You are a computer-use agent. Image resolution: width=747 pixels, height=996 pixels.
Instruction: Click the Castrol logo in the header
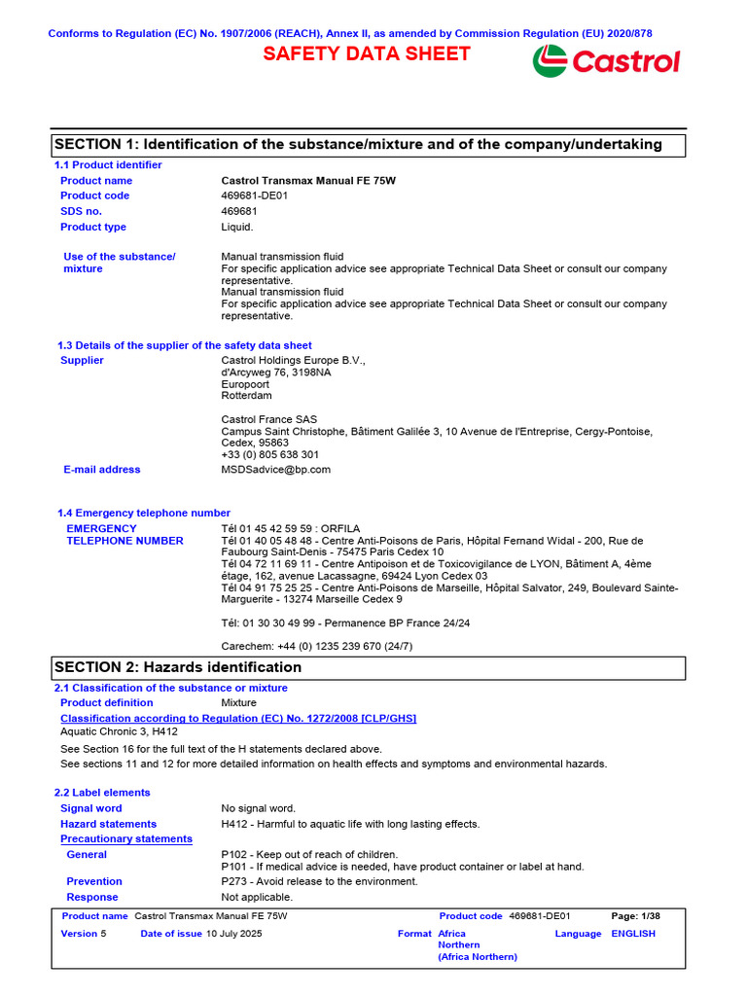click(606, 61)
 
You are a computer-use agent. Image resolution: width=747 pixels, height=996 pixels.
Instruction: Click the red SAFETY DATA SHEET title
click(367, 54)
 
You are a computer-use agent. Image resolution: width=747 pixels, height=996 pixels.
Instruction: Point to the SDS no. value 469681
click(239, 211)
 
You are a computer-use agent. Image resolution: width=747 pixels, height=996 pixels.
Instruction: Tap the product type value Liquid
click(237, 227)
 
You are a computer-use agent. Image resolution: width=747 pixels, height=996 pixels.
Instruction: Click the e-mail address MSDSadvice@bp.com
click(275, 470)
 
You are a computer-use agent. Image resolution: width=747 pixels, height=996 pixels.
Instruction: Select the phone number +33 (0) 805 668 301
click(269, 454)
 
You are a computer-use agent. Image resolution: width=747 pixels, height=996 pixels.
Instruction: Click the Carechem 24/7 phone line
click(317, 646)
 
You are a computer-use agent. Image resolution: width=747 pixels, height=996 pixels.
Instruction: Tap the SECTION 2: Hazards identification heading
click(178, 667)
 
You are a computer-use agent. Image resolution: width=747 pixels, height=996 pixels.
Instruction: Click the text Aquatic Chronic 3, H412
click(119, 731)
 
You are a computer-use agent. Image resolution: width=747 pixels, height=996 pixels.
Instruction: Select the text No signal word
click(259, 808)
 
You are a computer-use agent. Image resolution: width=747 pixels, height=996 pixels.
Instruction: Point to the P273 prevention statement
click(319, 881)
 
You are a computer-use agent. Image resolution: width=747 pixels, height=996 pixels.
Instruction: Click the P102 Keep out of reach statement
click(309, 855)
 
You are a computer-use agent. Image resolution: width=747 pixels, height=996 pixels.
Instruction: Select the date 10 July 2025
click(233, 934)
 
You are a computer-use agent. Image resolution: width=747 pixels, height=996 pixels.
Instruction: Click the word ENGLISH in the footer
click(633, 934)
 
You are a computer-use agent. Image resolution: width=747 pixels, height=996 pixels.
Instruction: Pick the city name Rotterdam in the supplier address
click(247, 396)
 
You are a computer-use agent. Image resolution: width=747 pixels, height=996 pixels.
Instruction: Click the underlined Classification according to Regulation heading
click(238, 718)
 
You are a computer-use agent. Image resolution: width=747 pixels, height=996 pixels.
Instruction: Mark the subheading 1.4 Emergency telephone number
click(144, 513)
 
